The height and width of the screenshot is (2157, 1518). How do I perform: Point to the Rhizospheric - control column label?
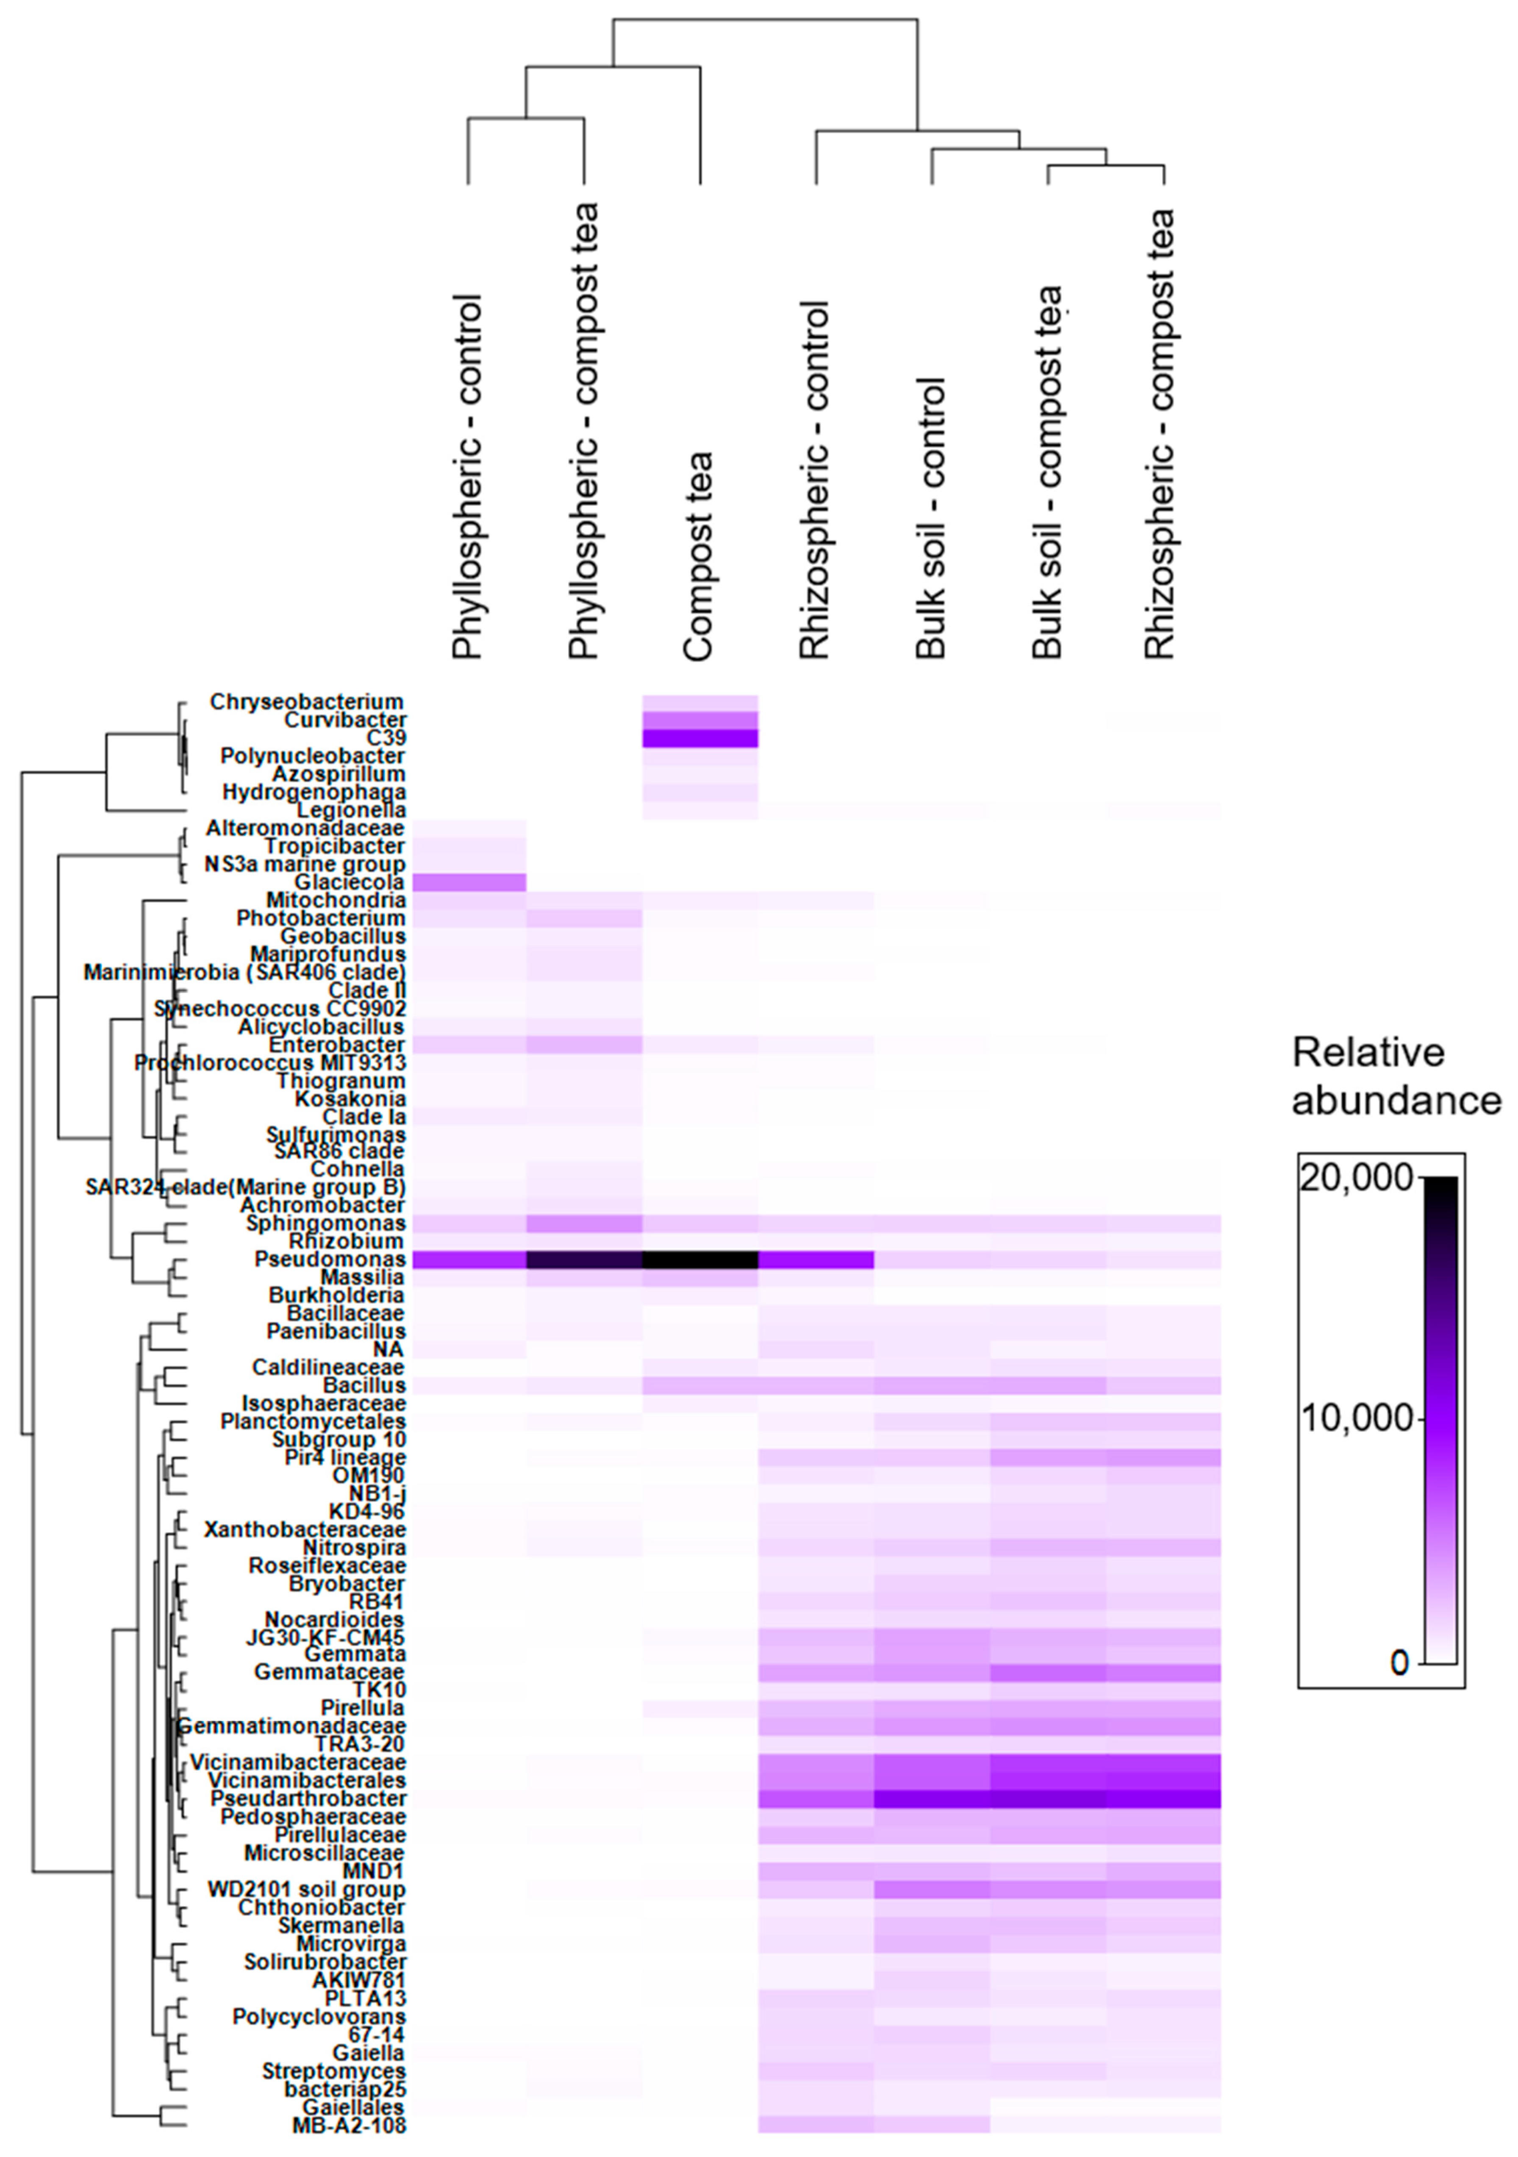click(x=814, y=479)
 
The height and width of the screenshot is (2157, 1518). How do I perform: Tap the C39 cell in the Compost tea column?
click(x=700, y=738)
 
